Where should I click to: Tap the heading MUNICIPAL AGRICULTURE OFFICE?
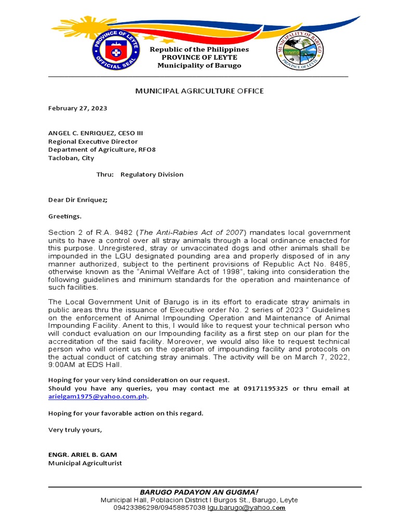click(199, 91)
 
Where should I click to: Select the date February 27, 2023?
click(77, 108)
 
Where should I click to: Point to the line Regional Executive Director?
click(93, 141)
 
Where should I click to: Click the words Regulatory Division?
click(152, 175)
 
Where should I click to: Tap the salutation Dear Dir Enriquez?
click(78, 200)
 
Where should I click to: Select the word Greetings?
click(64, 216)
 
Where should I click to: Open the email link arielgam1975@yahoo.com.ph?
click(98, 396)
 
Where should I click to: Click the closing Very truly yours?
click(75, 430)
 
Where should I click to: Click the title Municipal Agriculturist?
click(85, 463)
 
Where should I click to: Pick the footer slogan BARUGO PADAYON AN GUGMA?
click(199, 492)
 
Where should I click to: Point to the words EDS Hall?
click(106, 365)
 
